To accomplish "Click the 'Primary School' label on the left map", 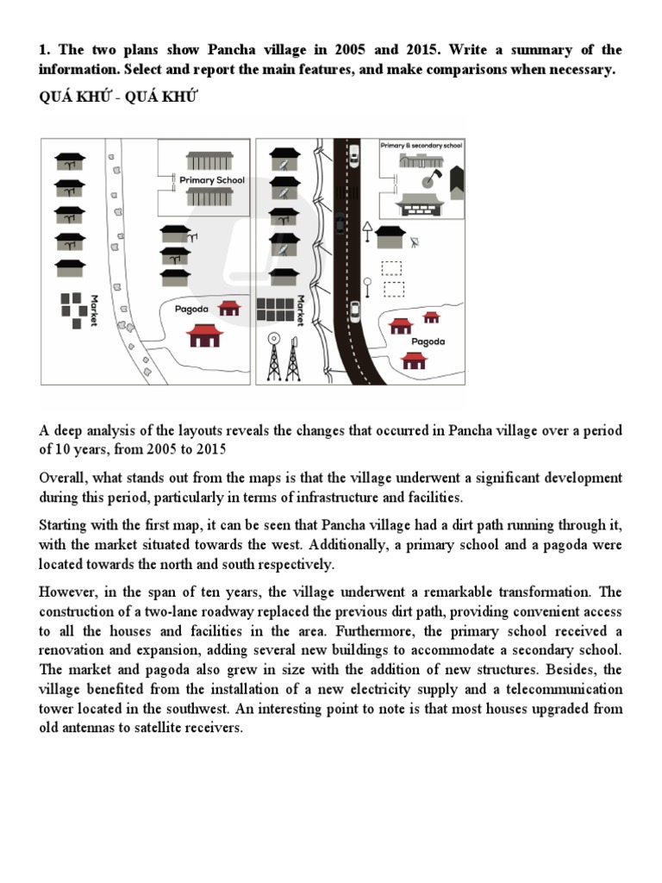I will click(x=212, y=180).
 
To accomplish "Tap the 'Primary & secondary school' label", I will click(x=422, y=147).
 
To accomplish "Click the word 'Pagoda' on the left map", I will click(x=192, y=308).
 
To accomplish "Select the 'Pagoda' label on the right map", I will click(x=428, y=341).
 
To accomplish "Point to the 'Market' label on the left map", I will click(x=94, y=310).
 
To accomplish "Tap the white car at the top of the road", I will click(x=354, y=155).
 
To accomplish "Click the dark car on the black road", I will click(x=340, y=222).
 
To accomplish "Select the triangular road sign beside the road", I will click(x=368, y=228).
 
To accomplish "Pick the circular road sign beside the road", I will click(x=367, y=282).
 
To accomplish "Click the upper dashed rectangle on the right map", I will click(x=392, y=268).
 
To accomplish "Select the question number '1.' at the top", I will click(x=45, y=50).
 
